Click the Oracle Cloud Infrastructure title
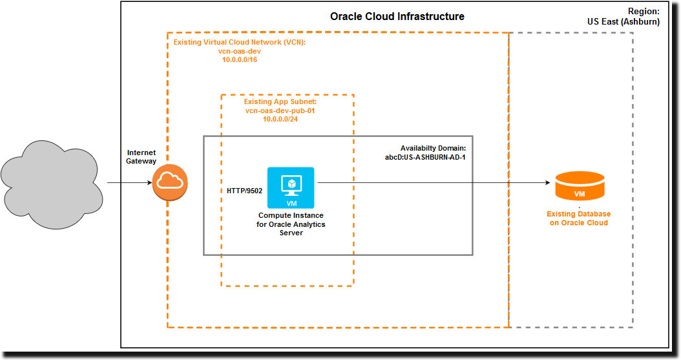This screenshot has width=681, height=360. [397, 17]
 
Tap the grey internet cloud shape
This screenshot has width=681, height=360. [52, 185]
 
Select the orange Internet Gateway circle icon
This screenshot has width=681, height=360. [170, 182]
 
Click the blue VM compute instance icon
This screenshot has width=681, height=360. [291, 187]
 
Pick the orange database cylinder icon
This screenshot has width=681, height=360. [580, 186]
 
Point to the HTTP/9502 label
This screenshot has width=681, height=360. [244, 191]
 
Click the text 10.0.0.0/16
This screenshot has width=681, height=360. [240, 60]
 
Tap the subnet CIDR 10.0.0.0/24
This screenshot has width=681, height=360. [280, 119]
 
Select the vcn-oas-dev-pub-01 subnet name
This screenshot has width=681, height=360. [280, 111]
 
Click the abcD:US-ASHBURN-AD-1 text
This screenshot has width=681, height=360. [425, 157]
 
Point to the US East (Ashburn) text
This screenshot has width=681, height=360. [623, 22]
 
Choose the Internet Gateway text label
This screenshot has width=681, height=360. [141, 157]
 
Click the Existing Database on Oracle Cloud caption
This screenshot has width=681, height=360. [578, 218]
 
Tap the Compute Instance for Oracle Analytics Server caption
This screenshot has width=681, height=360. [291, 224]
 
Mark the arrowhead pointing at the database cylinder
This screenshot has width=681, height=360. [548, 183]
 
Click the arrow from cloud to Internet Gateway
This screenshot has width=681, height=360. [129, 183]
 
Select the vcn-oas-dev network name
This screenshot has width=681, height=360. [240, 51]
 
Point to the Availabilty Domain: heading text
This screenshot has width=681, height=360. [433, 149]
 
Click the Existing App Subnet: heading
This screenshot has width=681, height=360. [280, 101]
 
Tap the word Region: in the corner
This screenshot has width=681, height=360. [644, 12]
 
